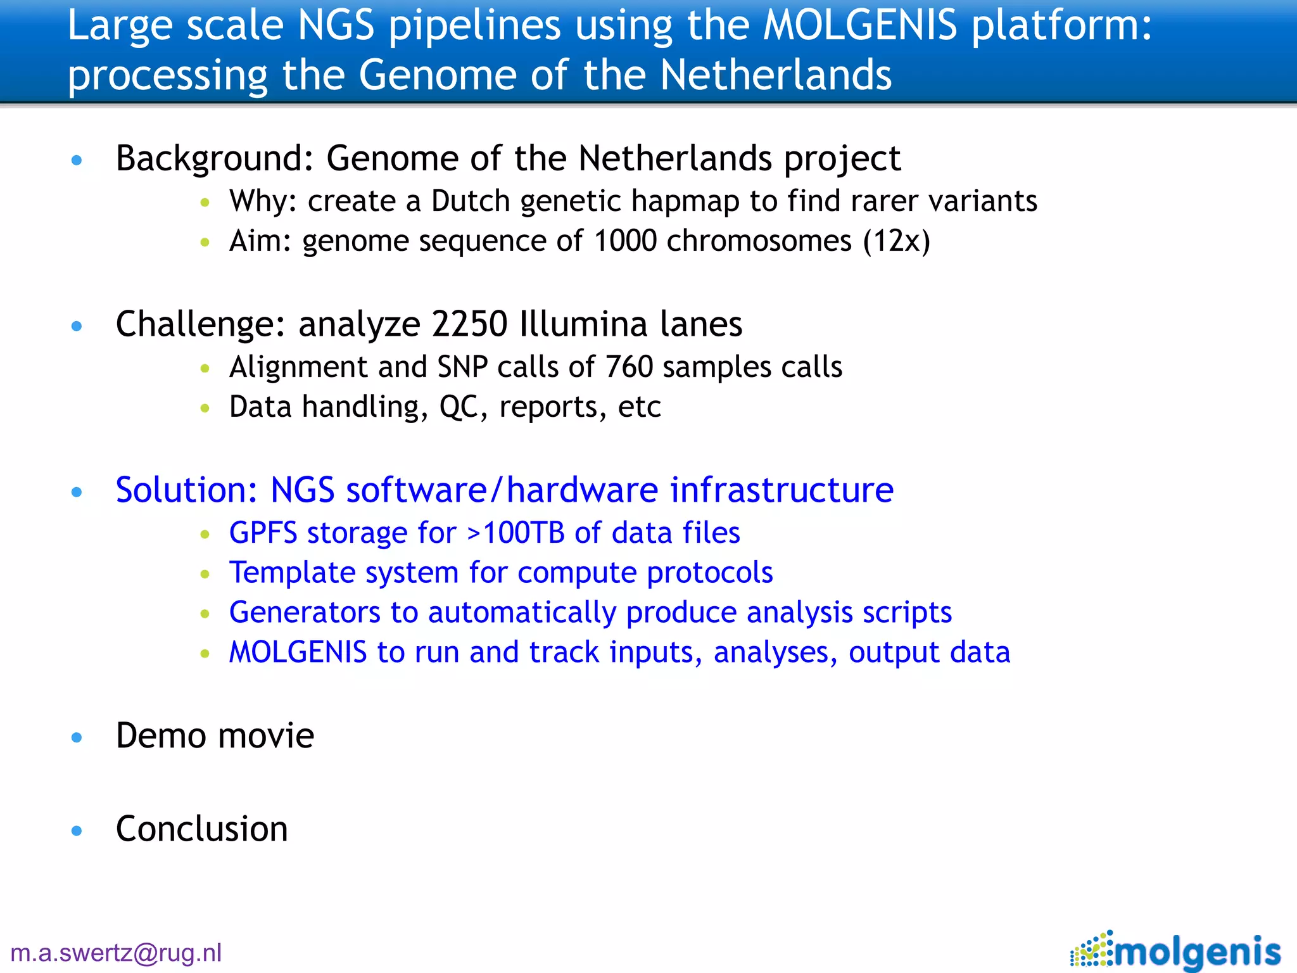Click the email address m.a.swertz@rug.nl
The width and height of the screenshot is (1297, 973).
point(117,953)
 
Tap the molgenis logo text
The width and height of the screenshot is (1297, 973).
point(1198,952)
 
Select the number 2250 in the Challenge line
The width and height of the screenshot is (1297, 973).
point(469,324)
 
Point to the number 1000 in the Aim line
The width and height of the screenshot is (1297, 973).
point(625,241)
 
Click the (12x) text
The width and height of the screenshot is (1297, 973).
point(896,241)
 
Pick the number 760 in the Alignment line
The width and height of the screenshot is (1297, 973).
point(629,367)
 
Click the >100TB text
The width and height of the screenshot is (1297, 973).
point(516,533)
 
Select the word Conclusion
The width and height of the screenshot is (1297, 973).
point(201,829)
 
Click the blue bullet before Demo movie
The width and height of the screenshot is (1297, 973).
point(77,737)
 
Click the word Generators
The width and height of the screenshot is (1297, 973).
point(305,613)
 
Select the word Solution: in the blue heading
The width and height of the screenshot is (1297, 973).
point(186,490)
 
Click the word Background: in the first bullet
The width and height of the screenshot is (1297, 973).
point(215,158)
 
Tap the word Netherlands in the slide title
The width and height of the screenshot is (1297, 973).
point(775,75)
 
